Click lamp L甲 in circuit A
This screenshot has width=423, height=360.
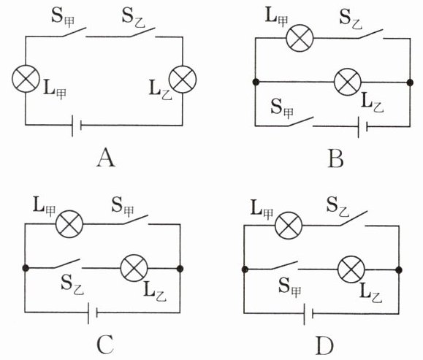(26, 79)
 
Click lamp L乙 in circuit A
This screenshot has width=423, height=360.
(183, 80)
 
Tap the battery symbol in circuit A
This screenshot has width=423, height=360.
(77, 126)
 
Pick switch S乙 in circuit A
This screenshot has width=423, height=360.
(143, 32)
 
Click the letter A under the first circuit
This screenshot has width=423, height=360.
(106, 158)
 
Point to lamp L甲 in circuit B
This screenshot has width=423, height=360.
(300, 38)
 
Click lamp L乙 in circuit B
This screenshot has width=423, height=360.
(348, 82)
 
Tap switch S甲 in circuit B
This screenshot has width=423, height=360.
(301, 122)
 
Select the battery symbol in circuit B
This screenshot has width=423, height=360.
(362, 126)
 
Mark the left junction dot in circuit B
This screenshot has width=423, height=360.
(256, 82)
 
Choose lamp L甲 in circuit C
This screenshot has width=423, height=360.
(69, 224)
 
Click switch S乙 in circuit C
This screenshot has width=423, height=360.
(67, 264)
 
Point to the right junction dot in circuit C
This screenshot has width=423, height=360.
(180, 269)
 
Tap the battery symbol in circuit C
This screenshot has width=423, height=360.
(93, 313)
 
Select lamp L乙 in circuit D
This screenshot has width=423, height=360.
(351, 269)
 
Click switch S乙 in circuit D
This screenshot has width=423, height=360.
(354, 218)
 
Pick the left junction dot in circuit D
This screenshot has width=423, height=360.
(245, 269)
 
